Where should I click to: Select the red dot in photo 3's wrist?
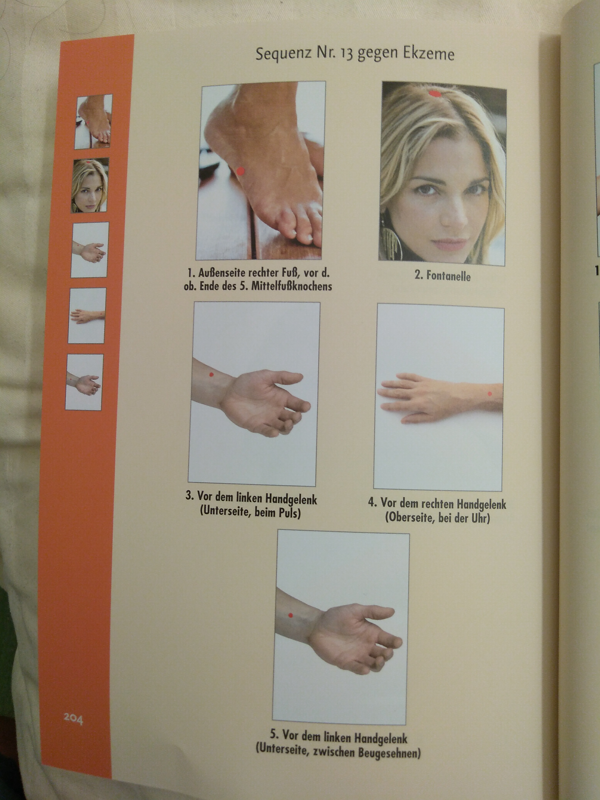click(212, 375)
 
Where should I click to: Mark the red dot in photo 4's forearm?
click(490, 393)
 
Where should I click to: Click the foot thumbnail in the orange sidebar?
click(93, 122)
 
